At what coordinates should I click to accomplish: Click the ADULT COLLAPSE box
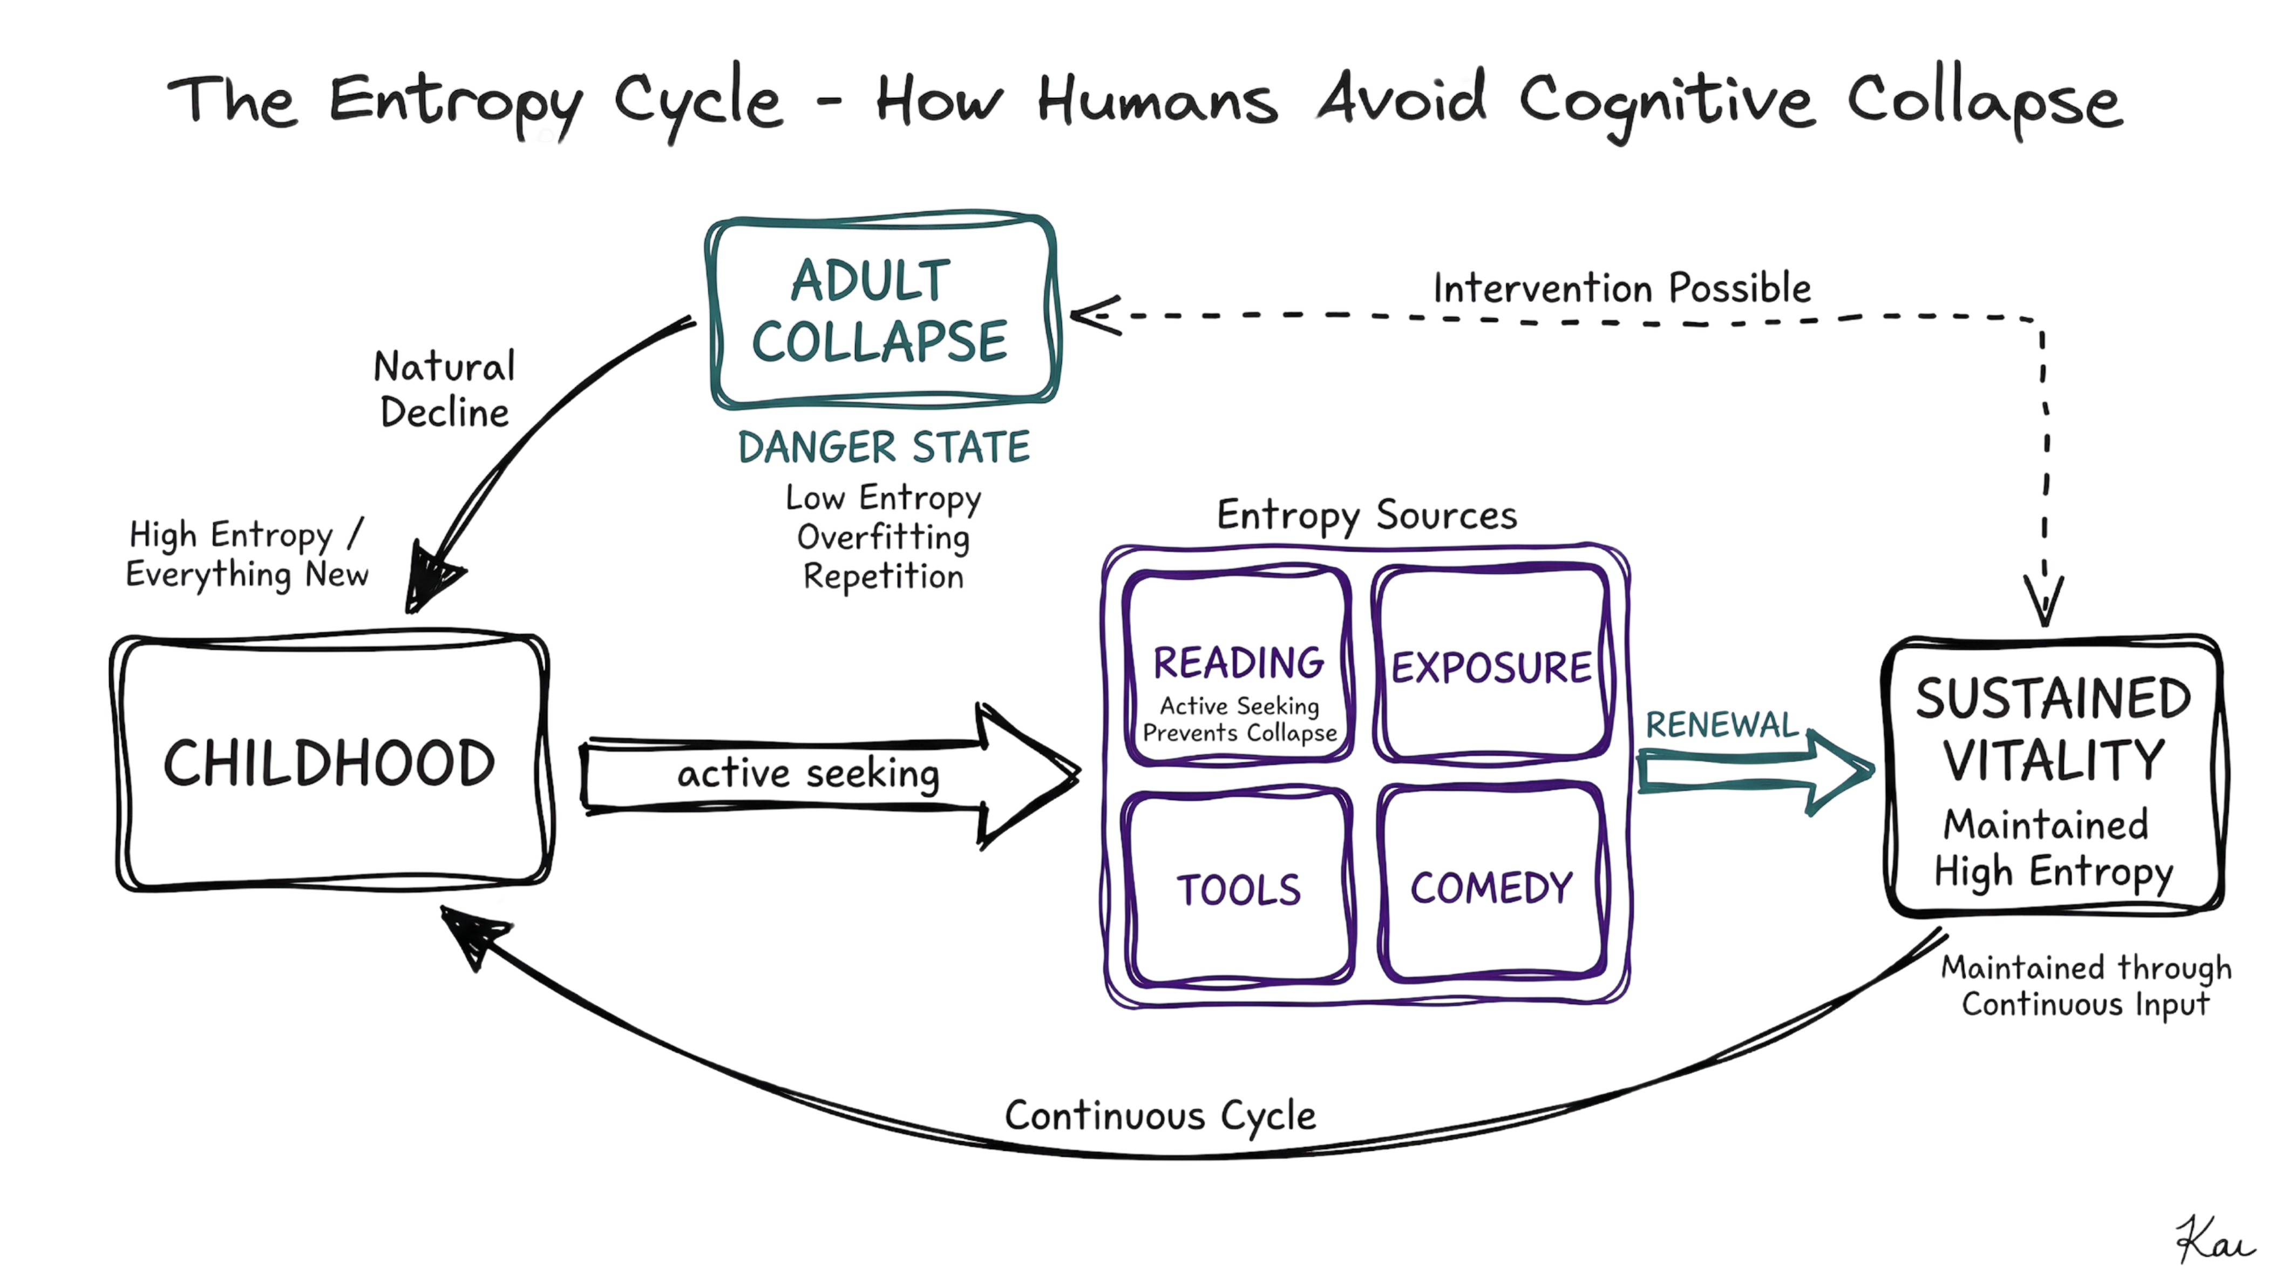tap(882, 311)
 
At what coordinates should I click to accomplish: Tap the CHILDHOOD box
tap(330, 762)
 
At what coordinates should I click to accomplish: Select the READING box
tap(1238, 666)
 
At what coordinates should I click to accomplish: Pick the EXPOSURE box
tap(1492, 666)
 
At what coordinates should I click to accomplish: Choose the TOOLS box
tap(1239, 888)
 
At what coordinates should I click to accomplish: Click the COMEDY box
tap(1492, 888)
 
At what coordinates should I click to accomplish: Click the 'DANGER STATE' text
tap(884, 447)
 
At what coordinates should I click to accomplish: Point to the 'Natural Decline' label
tap(444, 389)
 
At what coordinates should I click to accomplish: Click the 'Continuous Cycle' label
tap(1160, 1116)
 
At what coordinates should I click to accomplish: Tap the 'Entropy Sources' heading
tap(1367, 515)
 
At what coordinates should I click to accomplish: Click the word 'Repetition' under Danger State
tap(883, 578)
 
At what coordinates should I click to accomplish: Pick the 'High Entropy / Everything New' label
tap(246, 554)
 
